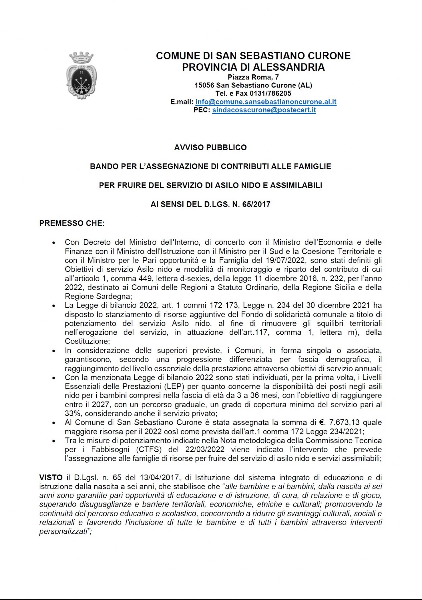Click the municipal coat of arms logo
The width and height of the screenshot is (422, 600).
click(x=81, y=76)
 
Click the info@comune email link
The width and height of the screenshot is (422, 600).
click(x=266, y=102)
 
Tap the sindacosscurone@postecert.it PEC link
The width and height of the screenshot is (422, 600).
click(x=264, y=110)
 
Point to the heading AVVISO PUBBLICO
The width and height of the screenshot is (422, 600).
click(x=210, y=147)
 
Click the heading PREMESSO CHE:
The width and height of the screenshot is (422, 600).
click(x=72, y=223)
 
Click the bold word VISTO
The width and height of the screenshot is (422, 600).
click(x=51, y=477)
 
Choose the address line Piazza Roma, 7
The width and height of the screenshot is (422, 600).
click(x=253, y=77)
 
